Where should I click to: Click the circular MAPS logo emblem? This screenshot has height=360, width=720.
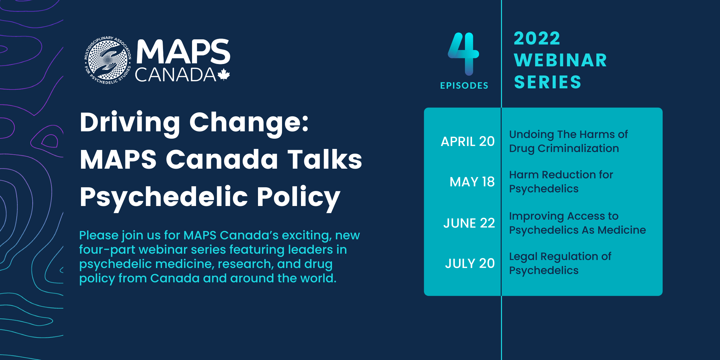coord(108,60)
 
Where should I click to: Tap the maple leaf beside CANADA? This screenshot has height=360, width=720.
coord(224,75)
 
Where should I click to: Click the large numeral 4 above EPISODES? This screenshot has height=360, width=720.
coord(464,54)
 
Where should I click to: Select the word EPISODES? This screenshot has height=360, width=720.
coord(464,86)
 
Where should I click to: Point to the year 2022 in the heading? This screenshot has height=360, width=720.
coord(537,38)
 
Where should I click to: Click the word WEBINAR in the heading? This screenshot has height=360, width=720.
coord(561,60)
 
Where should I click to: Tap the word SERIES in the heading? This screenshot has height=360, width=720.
coord(548,82)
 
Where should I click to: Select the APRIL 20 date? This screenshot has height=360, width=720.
coord(468,141)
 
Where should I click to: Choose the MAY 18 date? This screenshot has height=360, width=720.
coord(472,182)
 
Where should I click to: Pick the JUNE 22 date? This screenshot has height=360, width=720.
coord(469,223)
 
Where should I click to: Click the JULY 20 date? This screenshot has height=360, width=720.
coord(470,263)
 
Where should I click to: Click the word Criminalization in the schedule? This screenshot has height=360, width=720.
coord(578,148)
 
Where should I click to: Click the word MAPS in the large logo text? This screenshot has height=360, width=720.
coord(183,52)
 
